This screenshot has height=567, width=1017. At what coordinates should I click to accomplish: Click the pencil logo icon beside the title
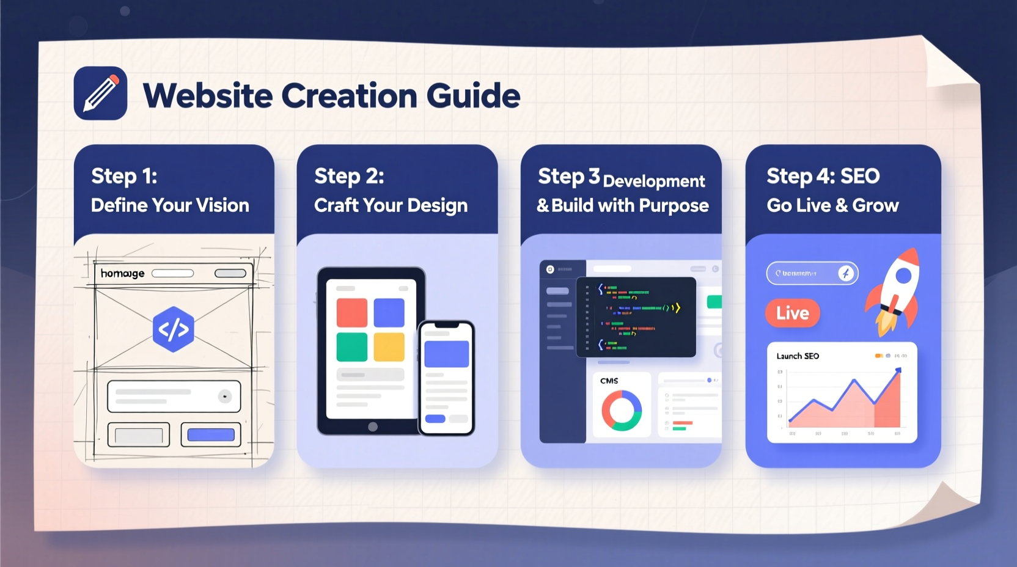coord(100,93)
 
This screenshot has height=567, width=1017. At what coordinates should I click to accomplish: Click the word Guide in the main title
coord(473,96)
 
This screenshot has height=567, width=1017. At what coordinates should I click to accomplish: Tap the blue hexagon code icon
coord(174,329)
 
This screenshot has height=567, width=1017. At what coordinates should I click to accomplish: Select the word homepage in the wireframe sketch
coord(122,273)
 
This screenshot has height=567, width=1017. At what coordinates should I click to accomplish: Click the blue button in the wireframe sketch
coord(211,435)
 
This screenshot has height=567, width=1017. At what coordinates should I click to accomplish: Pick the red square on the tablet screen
coord(351,313)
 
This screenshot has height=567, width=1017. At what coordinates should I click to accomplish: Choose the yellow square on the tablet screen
coord(389,347)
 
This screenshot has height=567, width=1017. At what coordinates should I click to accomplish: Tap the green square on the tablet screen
coord(351,347)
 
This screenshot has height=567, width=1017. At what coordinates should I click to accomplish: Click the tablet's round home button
coord(373,426)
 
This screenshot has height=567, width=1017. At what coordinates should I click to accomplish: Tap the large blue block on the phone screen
coord(446,354)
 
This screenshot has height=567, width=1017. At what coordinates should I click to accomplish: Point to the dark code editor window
coord(636,316)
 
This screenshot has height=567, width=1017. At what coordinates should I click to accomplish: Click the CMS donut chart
coord(622,411)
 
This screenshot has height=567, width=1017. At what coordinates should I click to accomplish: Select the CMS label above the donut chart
coord(609,381)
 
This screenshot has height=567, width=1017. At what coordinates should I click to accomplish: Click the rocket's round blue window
coord(903,276)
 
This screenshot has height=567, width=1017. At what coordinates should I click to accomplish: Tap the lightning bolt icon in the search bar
coord(846,273)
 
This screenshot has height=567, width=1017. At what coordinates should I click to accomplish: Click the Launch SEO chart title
coord(798,356)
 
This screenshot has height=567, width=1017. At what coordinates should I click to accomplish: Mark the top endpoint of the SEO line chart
coord(898,370)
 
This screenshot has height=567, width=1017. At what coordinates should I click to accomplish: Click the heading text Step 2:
coord(349,176)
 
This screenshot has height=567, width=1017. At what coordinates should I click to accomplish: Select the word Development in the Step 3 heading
coord(654,181)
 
